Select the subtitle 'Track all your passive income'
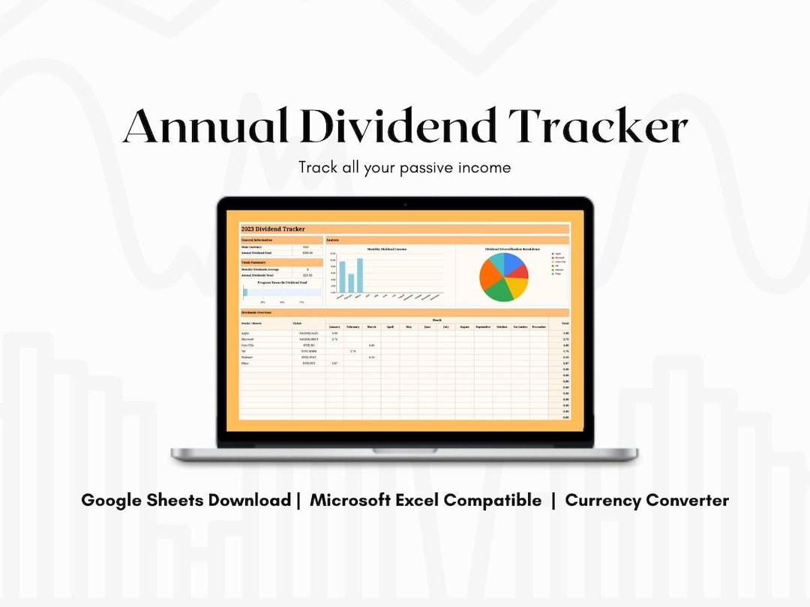404,167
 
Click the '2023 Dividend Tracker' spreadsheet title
273,229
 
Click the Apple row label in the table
246,333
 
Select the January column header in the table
334,327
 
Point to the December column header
539,327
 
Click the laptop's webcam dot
404,204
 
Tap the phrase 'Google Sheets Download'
186,500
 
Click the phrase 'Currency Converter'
646,500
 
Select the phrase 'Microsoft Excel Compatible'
425,500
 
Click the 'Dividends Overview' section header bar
404,312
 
